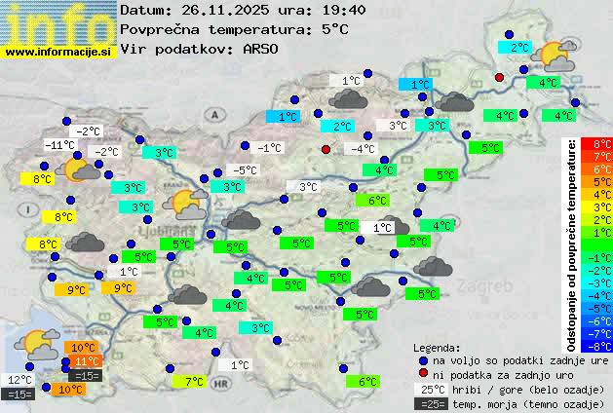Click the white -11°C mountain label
pos(60,145)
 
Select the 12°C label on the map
pos(19,380)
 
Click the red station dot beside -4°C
pos(326,149)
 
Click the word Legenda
pos(437,347)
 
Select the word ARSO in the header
pos(263,48)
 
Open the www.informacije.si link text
pos(58,51)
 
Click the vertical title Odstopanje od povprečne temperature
pos(572,244)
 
